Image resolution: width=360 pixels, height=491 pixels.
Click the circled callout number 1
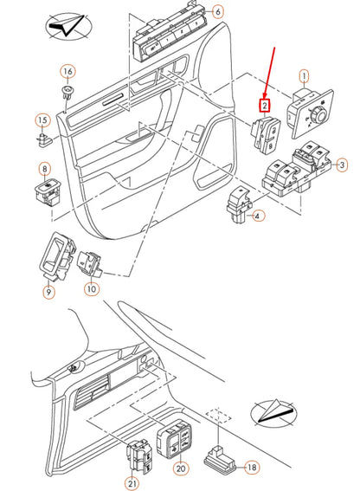pyautogui.click(x=304, y=76)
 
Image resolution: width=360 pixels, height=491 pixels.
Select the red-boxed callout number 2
pyautogui.click(x=266, y=107)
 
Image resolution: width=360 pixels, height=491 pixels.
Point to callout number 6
pyautogui.click(x=217, y=12)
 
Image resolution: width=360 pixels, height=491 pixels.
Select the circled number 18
pyautogui.click(x=252, y=467)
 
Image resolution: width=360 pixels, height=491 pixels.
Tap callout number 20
pyautogui.click(x=180, y=468)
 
